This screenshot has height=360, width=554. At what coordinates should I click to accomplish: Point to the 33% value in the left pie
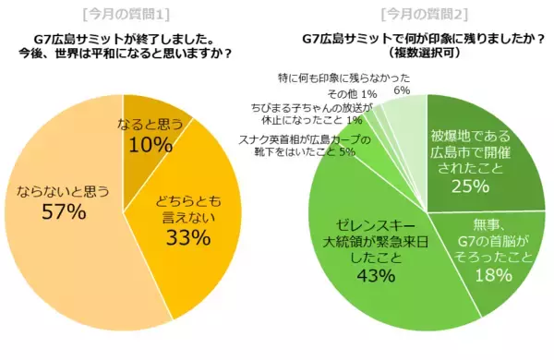point(188,237)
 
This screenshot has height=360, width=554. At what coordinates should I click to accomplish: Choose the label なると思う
point(151,125)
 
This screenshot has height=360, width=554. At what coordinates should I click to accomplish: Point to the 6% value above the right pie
point(401,90)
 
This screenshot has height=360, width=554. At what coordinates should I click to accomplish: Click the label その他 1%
point(351,93)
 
